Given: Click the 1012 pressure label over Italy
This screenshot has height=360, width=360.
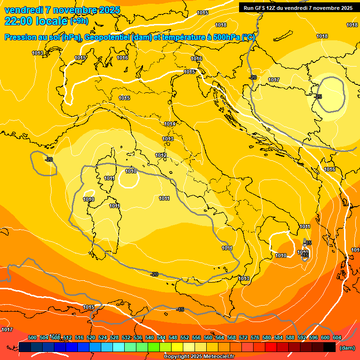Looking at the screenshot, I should coord(161,155).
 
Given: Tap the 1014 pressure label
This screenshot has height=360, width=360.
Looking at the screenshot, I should coord(170,124).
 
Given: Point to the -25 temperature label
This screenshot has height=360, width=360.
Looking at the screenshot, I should coord(319,97).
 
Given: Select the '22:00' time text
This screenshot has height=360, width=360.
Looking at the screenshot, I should coord(18,21).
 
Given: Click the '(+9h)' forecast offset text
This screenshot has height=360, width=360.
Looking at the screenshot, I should coord(78,21).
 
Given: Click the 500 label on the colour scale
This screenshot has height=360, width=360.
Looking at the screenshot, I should coord(32,337).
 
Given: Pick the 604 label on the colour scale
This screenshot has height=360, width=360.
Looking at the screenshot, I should coord(337,337).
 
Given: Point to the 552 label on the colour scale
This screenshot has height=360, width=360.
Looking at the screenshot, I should coord(185,337).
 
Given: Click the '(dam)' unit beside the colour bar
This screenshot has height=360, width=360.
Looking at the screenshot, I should coord(347,348).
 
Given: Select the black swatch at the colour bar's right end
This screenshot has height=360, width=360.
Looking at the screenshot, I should coord(329,347).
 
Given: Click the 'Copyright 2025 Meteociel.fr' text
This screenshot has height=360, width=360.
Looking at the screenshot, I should coord(199,356).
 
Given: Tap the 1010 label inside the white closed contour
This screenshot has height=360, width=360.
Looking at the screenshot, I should coord(131,171).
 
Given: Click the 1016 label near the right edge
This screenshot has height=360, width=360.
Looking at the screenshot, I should coord(330,169).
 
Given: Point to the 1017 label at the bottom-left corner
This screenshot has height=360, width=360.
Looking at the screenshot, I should coord(7,330).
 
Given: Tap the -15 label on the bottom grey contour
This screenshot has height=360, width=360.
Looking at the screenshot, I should coord(180,309).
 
